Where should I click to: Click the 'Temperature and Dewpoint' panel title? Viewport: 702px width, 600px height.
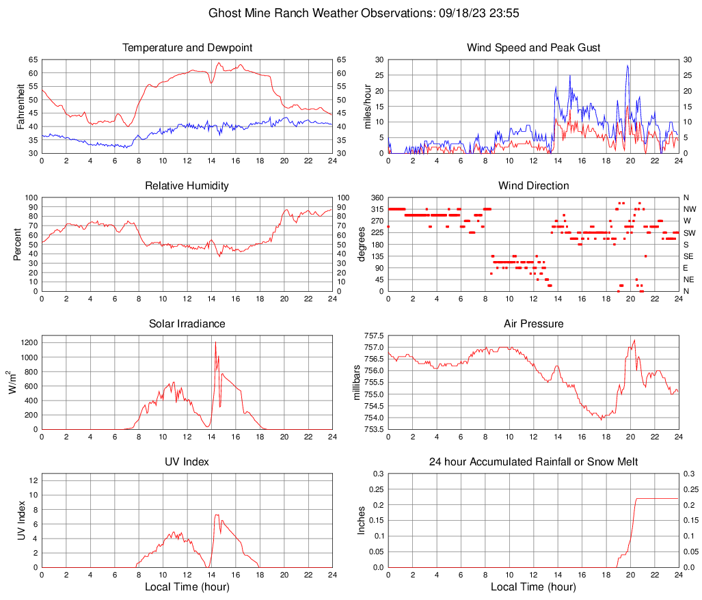click(187, 48)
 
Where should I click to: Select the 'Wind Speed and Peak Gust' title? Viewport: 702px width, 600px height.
click(533, 48)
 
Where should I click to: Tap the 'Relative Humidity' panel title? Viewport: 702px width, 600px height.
click(187, 186)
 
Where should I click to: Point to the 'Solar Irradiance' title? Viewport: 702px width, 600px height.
click(187, 324)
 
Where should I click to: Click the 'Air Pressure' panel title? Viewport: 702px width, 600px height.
click(533, 324)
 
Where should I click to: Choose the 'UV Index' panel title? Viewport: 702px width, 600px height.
click(187, 462)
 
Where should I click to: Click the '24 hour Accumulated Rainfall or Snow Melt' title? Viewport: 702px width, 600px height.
click(533, 462)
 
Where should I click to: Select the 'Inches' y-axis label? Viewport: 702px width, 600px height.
click(362, 520)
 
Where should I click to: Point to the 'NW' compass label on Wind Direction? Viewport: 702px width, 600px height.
click(690, 209)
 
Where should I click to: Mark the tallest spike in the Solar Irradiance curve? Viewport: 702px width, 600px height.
click(215, 342)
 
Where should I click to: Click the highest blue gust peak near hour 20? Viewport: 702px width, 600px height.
click(627, 66)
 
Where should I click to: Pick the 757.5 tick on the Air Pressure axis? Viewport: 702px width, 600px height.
click(373, 336)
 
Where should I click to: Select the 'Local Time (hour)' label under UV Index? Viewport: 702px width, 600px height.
click(187, 587)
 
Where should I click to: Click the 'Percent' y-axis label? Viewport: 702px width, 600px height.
click(17, 245)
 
